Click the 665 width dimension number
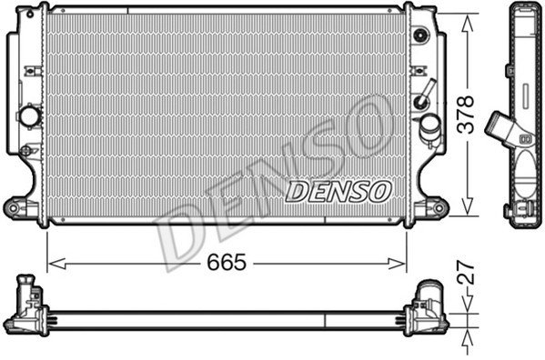point(227,262)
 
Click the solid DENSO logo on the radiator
point(338,192)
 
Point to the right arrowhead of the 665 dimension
point(397,264)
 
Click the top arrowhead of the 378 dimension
point(468,23)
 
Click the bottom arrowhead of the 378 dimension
point(468,206)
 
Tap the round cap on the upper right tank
point(421,35)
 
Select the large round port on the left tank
point(29,115)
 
